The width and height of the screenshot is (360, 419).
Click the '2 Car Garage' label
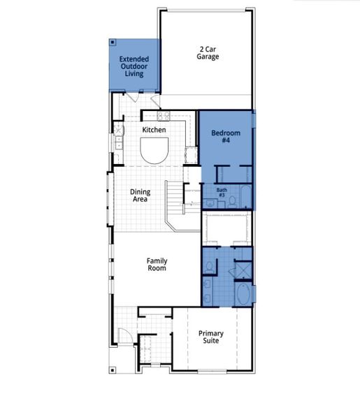coord(208,53)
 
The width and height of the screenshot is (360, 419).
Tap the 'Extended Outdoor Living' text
coord(134,66)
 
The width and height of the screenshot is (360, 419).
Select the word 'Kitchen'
coord(154,131)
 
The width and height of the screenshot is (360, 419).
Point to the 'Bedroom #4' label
coord(226,137)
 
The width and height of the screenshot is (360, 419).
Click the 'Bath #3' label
coord(222,192)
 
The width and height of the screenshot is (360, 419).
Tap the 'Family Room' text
coord(157,265)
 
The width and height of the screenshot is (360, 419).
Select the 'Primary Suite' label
coord(210,337)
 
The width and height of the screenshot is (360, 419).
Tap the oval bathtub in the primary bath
coord(244,293)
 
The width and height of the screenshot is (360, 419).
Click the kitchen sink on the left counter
coord(119,131)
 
